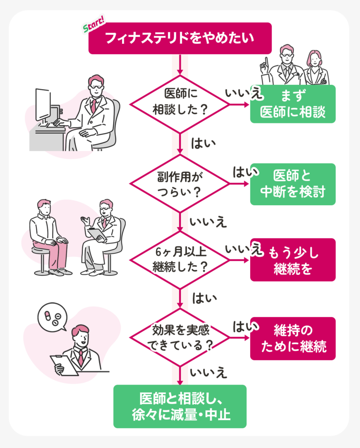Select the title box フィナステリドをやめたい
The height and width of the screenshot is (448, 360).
(x=180, y=38)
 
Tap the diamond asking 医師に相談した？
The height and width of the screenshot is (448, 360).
(x=180, y=105)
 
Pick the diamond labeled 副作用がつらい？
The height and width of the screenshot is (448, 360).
(x=180, y=183)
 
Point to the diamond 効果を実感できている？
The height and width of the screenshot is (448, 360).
(x=180, y=339)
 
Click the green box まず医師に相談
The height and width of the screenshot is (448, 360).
(x=293, y=104)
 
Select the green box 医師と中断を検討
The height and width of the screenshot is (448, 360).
(x=293, y=184)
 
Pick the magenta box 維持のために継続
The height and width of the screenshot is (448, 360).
(x=293, y=339)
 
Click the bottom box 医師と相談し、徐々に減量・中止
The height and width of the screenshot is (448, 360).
(x=180, y=406)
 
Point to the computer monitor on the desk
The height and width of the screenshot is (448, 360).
(x=43, y=105)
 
